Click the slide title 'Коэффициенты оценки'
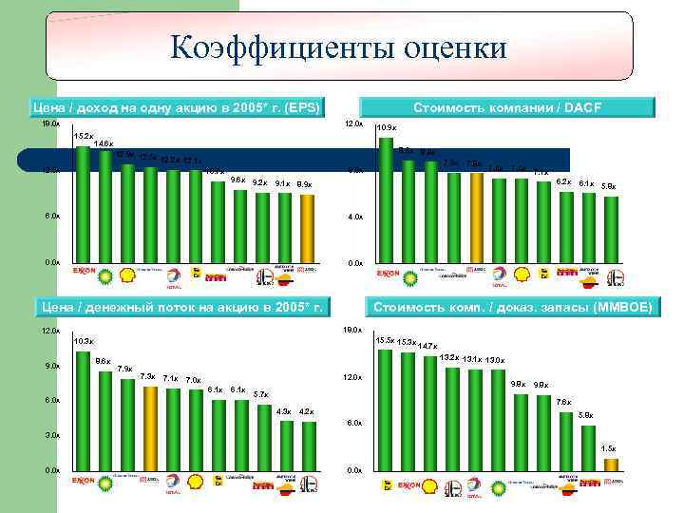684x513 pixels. pos(339,47)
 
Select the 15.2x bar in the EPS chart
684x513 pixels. pos(83,204)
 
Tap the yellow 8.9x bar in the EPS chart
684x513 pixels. pos(307,228)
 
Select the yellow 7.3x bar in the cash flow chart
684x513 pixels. pos(150,427)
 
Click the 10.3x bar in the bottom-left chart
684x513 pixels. pos(83,408)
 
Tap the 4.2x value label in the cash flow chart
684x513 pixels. pos(306,411)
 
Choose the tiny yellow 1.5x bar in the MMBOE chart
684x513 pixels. pos(611,465)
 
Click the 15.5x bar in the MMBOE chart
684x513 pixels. pos(385,408)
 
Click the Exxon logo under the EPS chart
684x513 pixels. pos(85,272)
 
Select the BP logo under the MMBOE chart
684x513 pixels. pos(430,486)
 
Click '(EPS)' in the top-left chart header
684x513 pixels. pos(296,106)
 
